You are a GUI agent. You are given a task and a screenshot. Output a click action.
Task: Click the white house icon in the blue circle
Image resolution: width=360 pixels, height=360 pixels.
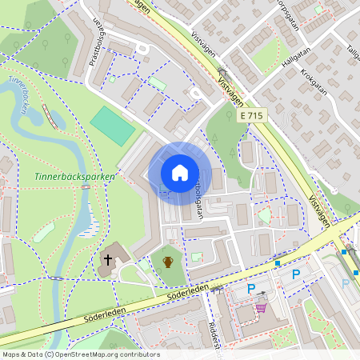coord(180,172)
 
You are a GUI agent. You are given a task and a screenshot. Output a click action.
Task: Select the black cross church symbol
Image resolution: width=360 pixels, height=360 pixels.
coord(107,260)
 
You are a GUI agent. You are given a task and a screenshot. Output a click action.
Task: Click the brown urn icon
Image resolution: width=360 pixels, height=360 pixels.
coord(168,262)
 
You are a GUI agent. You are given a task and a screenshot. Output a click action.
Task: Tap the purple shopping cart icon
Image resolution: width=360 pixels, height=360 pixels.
coord(260,307)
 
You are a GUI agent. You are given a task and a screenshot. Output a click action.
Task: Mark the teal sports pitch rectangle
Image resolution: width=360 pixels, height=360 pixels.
coord(113,126)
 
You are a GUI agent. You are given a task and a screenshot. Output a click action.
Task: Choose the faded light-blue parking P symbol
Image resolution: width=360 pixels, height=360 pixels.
coord(346,282)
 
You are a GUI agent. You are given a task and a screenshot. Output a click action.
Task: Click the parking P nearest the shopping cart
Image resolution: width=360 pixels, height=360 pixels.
coord(251,289)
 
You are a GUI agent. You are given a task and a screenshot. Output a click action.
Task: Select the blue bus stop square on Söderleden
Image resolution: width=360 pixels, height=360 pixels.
coord(278,262)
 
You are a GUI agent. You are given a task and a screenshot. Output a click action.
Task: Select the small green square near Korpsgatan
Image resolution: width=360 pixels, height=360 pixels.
coord(318,10)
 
